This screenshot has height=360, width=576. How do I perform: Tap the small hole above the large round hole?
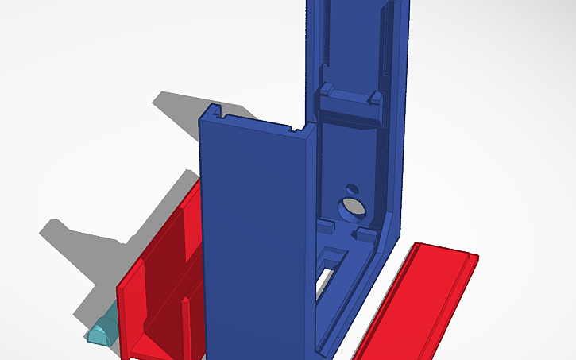(x=351, y=189)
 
